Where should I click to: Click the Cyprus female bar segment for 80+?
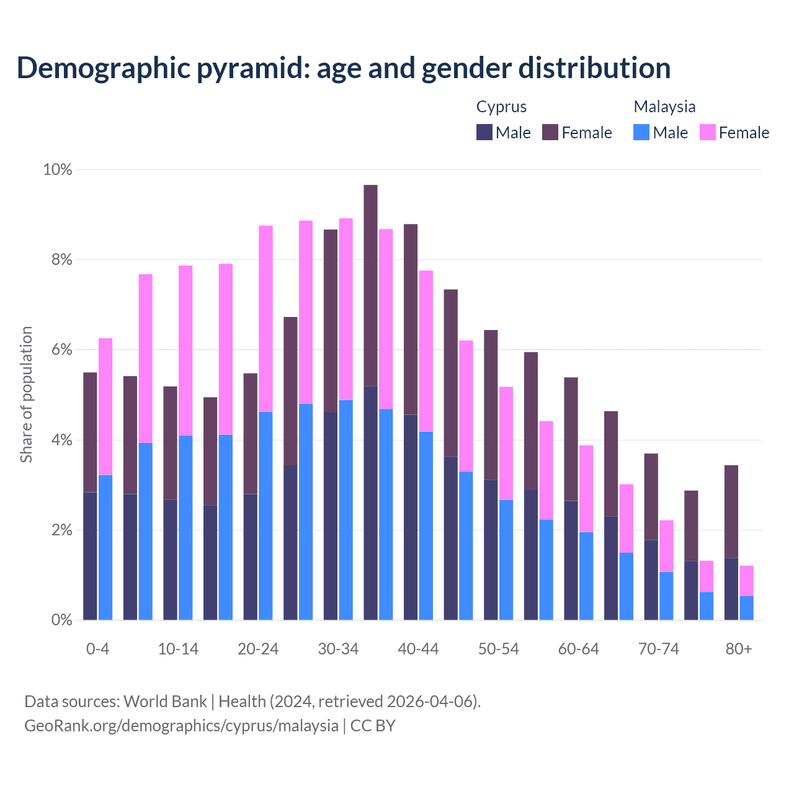pos(731,512)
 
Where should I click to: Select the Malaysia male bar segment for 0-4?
pos(105,547)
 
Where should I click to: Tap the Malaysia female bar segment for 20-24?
pos(265,318)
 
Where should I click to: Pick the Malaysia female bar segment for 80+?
pos(747,581)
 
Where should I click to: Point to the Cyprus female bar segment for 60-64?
pos(571,439)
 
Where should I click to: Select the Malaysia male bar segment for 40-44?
pos(426,525)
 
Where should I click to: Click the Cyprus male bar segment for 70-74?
pos(651,579)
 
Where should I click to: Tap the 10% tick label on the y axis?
pos(57,169)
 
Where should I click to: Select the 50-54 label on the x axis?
pos(499,649)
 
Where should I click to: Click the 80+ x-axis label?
pos(739,649)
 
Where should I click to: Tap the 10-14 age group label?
pos(178,649)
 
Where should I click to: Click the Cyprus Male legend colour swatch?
pos(484,132)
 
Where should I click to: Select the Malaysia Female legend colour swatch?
pos(708,132)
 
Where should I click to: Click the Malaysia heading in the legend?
pos(664,107)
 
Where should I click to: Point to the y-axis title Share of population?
pos(26,395)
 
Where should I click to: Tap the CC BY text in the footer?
pos(373,725)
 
